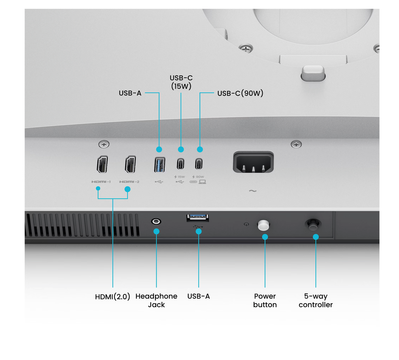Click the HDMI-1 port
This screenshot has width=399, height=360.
[x=102, y=164]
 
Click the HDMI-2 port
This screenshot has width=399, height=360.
[x=130, y=164]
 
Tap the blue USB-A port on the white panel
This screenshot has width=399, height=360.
[x=159, y=164]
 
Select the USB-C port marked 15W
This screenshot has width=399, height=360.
[x=180, y=164]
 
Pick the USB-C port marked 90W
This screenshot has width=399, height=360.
[x=199, y=164]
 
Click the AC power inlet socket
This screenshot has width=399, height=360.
[x=253, y=162]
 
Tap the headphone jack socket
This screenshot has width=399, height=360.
[x=156, y=221]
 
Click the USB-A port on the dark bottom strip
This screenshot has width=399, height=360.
[x=198, y=218]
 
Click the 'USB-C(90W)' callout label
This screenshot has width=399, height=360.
[x=240, y=94]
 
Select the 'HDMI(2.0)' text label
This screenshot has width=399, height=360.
[x=113, y=296]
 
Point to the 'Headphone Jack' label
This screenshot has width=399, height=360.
[x=156, y=300]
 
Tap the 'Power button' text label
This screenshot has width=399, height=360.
[x=265, y=300]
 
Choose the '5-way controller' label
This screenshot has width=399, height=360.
[x=316, y=300]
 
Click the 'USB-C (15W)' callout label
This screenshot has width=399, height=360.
[x=181, y=82]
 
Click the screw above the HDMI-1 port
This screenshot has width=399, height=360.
[x=104, y=144]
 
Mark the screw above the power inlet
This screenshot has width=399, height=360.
[x=296, y=144]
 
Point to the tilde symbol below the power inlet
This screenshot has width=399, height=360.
[x=252, y=191]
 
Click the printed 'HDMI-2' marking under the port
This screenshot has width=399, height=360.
[x=129, y=182]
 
